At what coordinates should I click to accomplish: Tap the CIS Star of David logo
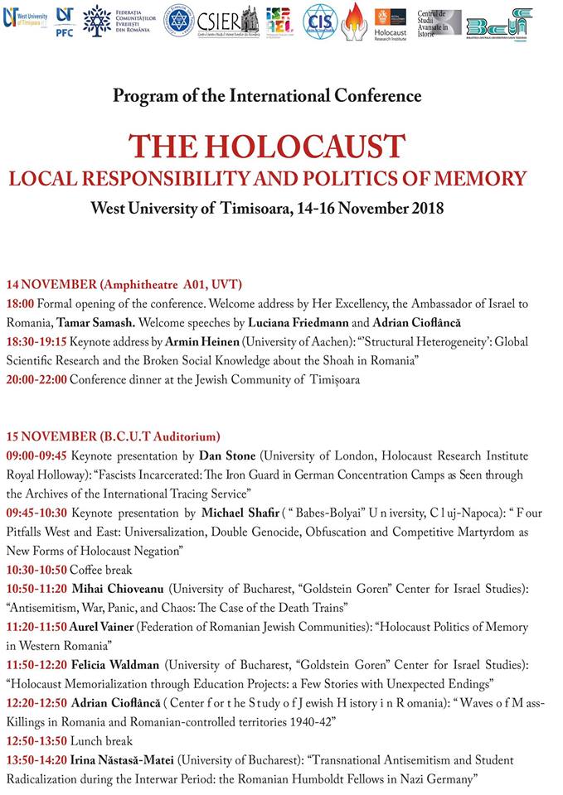click(321, 20)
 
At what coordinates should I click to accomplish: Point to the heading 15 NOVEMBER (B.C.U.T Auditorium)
click(113, 436)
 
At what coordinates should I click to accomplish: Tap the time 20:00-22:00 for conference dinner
click(37, 380)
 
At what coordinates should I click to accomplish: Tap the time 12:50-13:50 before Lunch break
click(37, 741)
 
